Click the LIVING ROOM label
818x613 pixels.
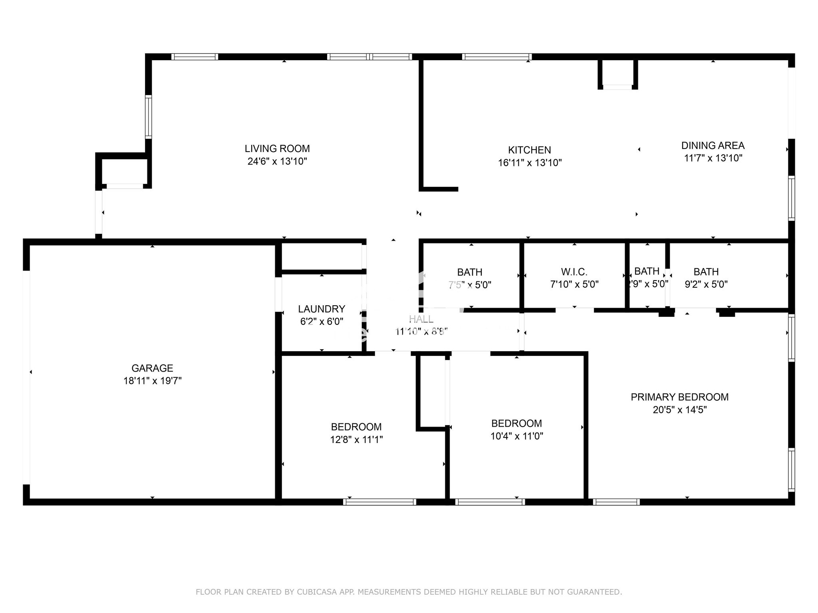277,148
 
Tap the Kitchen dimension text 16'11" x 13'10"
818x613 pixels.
530,163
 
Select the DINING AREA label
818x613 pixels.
713,145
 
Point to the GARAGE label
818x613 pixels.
152,368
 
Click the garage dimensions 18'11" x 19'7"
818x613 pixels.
152,381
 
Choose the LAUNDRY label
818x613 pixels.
321,309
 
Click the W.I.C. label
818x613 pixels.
574,272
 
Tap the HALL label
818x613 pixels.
421,319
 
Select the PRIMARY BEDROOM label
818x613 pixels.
679,397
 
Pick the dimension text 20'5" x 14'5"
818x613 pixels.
679,410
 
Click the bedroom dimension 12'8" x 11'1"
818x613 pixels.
356,440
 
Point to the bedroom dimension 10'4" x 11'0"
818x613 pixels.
516,436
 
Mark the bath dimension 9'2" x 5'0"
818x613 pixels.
706,285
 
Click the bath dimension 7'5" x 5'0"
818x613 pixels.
469,285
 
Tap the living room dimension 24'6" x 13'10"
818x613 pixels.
277,161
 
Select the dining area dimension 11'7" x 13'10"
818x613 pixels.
713,158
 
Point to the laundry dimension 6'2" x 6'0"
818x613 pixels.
321,322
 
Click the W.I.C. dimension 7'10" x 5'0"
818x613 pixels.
574,285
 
